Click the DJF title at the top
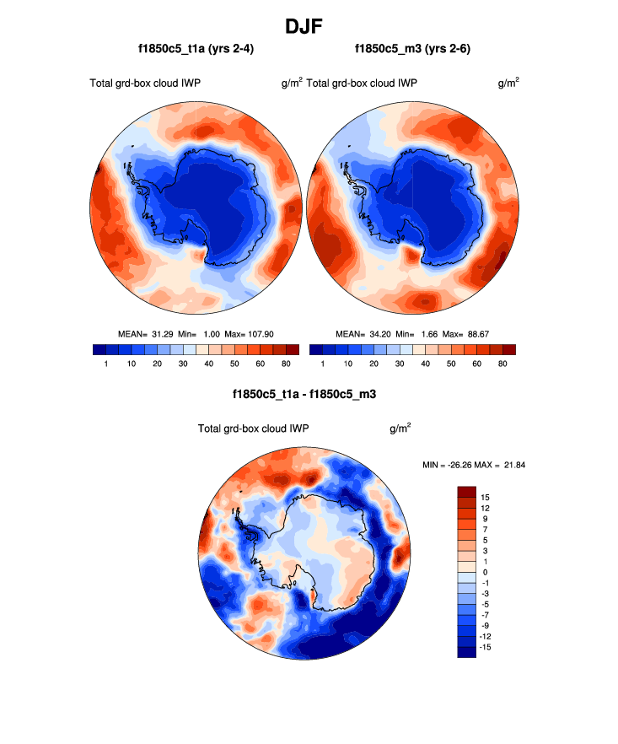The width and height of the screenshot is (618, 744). (x=309, y=26)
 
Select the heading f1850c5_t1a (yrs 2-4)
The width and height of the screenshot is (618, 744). (x=196, y=49)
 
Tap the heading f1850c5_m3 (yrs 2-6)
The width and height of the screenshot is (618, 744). (x=412, y=49)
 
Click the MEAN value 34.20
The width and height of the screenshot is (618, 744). (x=377, y=334)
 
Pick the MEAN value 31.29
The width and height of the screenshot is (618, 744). (x=161, y=334)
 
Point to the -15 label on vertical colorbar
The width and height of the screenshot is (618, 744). (x=486, y=646)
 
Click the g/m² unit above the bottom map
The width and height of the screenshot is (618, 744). (x=400, y=429)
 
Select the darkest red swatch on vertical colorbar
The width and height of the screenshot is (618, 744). (x=467, y=492)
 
